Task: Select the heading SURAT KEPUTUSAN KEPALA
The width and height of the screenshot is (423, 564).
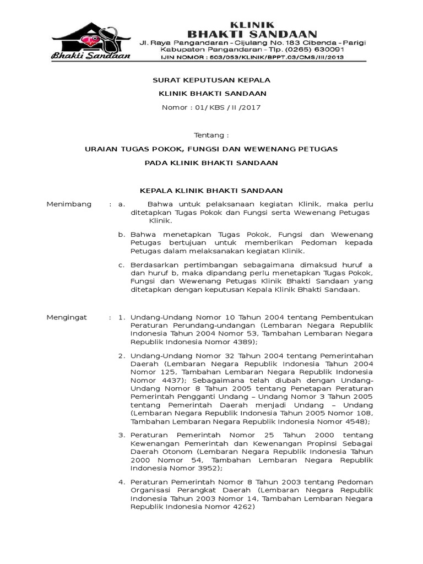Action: click(x=211, y=80)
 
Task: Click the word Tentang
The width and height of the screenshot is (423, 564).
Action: click(x=211, y=135)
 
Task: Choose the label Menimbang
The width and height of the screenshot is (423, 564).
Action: click(x=68, y=204)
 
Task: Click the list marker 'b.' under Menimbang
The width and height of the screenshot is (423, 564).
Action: click(x=122, y=235)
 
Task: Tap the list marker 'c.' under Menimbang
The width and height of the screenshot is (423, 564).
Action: click(x=122, y=265)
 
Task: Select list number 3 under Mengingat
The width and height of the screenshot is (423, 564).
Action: click(x=122, y=435)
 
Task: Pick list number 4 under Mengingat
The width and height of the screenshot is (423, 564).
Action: click(x=122, y=482)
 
